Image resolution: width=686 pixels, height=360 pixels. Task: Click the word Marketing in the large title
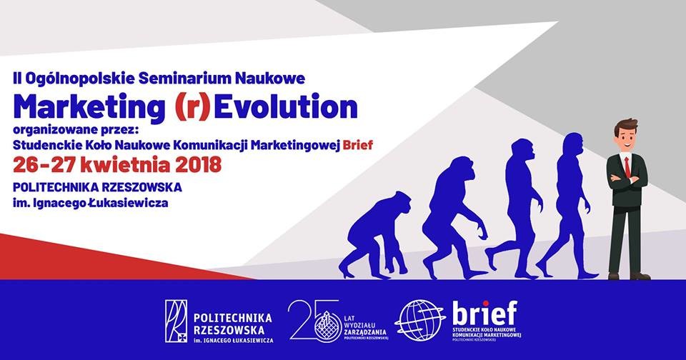click(x=89, y=107)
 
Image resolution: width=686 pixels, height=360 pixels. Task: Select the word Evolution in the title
click(x=285, y=106)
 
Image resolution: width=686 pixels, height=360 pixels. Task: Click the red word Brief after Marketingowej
click(x=358, y=145)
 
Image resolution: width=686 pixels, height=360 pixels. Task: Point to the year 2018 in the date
click(x=198, y=165)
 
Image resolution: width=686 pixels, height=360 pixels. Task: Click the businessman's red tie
click(x=627, y=166)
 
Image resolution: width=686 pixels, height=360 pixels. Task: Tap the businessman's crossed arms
click(x=627, y=179)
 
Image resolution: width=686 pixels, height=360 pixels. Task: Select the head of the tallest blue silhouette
click(x=573, y=145)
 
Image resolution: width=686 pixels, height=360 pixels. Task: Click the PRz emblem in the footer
click(x=176, y=321)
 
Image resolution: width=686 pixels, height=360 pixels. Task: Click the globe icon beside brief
click(x=419, y=321)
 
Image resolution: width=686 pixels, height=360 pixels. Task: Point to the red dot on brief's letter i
click(x=485, y=304)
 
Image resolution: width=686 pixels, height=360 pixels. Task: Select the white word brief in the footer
click(x=484, y=313)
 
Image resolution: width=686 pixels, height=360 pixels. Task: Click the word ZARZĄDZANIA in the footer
click(x=365, y=332)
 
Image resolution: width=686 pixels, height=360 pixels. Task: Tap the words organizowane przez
click(x=76, y=130)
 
